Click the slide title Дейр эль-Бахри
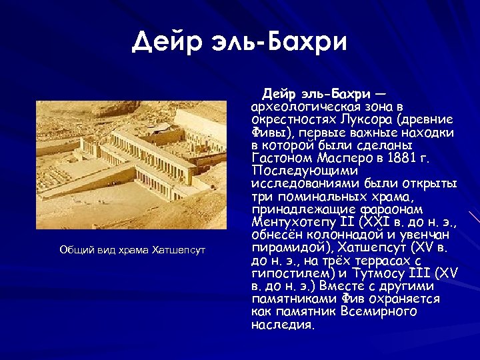240,41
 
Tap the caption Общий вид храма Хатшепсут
133,250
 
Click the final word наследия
282,325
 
